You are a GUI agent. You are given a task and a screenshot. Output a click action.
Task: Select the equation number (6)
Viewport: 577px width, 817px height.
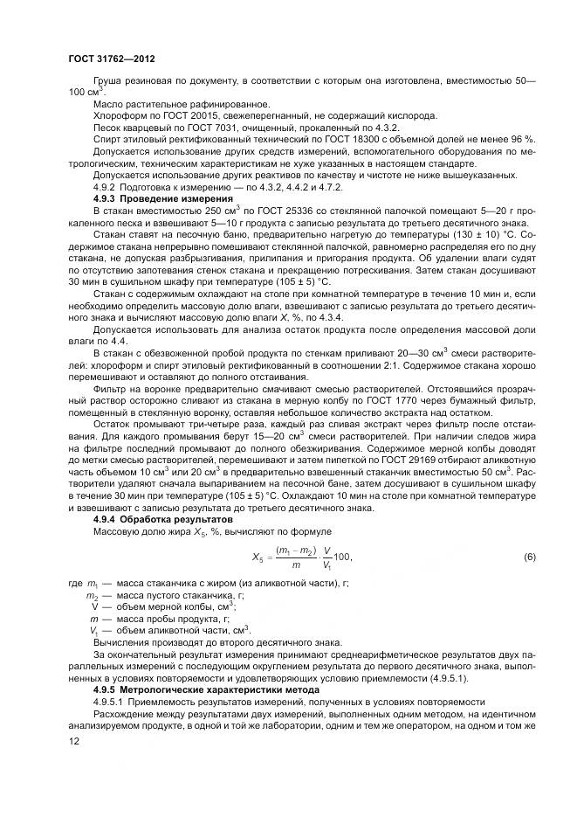click(528, 557)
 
